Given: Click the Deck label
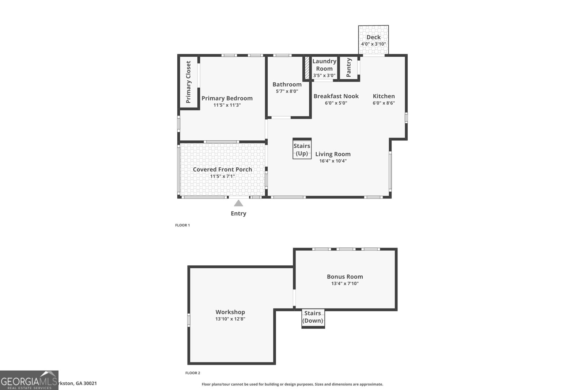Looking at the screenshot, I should point(373,37).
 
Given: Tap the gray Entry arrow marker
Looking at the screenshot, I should point(238,203).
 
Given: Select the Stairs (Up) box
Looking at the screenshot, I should point(302,149).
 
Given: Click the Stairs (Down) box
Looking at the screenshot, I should point(313,318).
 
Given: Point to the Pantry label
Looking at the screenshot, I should point(348,67).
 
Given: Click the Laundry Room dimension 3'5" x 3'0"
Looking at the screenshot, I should point(324,76).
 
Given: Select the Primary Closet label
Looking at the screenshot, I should point(188,82).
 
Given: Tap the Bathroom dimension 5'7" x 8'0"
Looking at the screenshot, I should point(287,91).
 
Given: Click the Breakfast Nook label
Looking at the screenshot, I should point(336,96).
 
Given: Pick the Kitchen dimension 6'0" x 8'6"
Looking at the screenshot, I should point(384,103).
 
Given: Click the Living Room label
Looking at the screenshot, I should point(333,154).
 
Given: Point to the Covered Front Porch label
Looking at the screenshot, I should point(222,169).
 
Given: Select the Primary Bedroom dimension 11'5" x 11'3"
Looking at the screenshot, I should point(227,105).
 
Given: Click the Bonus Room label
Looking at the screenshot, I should point(345,277).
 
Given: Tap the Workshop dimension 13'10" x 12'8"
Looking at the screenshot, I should point(230,319).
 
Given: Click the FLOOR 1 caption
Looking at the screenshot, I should point(182,225).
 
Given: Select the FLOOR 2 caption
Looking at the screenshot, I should point(193,373).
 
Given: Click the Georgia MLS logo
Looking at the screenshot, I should point(29,380).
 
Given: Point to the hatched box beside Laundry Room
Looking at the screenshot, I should point(307,68).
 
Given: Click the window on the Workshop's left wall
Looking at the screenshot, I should point(189,320).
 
